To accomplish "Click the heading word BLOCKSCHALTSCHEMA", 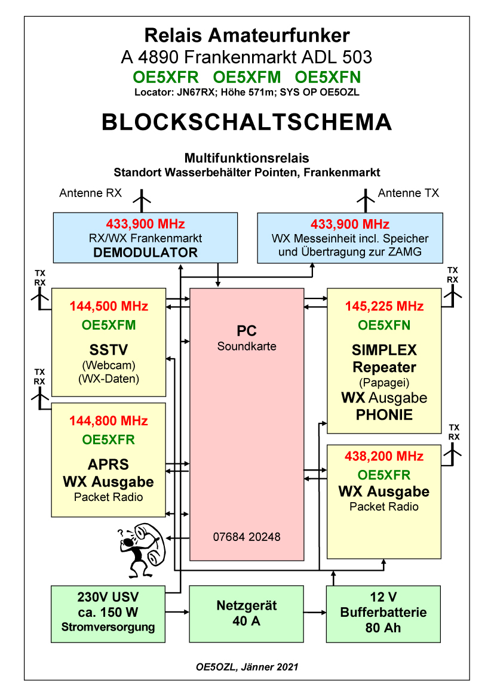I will [247, 122].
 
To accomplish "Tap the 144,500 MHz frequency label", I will [109, 306].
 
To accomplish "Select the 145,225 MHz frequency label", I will [384, 306].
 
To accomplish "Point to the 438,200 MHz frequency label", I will [383, 457].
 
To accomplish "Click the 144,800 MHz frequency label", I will [109, 421].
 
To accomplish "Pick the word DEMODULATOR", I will [146, 253].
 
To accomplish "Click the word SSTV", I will [109, 349].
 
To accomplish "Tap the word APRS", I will [108, 465].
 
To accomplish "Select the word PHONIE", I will [384, 414].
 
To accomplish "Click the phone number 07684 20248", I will [247, 537].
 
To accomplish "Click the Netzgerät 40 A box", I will [246, 614].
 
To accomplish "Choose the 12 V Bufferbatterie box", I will [383, 614].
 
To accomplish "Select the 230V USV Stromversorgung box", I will [108, 614].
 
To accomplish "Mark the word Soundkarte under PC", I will [247, 346].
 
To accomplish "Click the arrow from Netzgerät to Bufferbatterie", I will [315, 612].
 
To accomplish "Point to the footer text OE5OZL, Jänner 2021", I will [247, 666].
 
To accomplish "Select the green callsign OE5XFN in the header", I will [328, 77].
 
